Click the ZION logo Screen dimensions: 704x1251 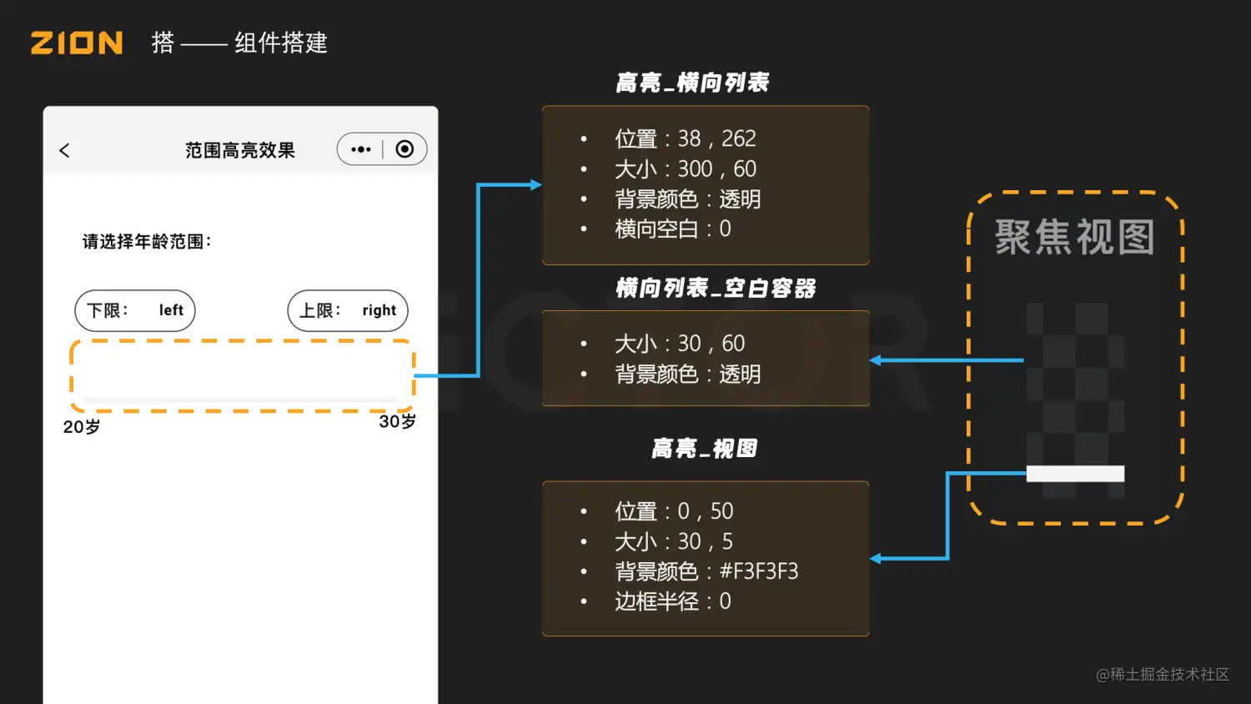pyautogui.click(x=77, y=43)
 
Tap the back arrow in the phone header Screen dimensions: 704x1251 pyautogui.click(x=64, y=150)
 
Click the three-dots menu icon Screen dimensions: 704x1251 pyautogui.click(x=360, y=149)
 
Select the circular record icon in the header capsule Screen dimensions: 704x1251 pyautogui.click(x=404, y=149)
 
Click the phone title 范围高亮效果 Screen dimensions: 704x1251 pyautogui.click(x=240, y=150)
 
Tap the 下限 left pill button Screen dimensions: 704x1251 pyautogui.click(x=135, y=310)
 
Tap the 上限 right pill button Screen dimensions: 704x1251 pyautogui.click(x=348, y=310)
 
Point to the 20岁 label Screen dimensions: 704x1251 pyautogui.click(x=82, y=427)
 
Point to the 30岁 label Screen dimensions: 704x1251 pyautogui.click(x=397, y=422)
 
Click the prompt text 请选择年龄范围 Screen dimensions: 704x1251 pyautogui.click(x=147, y=242)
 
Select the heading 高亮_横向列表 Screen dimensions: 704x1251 pyautogui.click(x=692, y=83)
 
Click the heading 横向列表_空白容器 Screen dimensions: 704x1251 pyautogui.click(x=716, y=289)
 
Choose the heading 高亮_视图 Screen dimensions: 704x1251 pyautogui.click(x=704, y=449)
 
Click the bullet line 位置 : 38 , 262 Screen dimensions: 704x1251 pyautogui.click(x=685, y=138)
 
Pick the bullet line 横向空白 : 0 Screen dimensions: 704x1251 pyautogui.click(x=672, y=229)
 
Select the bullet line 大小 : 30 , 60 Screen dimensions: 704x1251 pyautogui.click(x=679, y=344)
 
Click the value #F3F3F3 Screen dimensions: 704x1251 pyautogui.click(x=758, y=571)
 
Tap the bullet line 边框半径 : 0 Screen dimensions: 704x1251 pyautogui.click(x=672, y=601)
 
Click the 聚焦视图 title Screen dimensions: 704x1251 pyautogui.click(x=1075, y=238)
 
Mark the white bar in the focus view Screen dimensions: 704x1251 pyautogui.click(x=1075, y=474)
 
